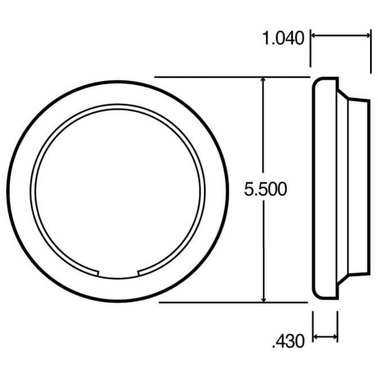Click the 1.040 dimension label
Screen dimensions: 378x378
[283, 38]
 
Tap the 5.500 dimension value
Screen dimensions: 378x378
[265, 189]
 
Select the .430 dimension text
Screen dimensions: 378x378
[288, 341]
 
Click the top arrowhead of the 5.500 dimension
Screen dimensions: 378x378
[263, 80]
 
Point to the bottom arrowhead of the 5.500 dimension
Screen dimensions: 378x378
[264, 299]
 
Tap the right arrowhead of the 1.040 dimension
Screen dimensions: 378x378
[367, 35]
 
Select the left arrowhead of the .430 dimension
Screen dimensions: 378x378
[316, 336]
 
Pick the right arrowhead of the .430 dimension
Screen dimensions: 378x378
[335, 336]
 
